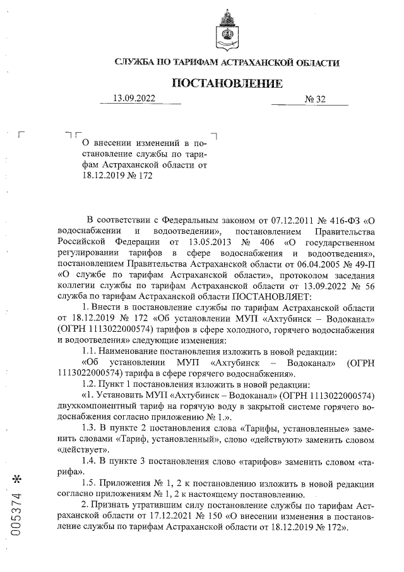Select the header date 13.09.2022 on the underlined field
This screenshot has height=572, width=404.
(133, 99)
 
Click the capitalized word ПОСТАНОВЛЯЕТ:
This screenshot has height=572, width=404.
(273, 296)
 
